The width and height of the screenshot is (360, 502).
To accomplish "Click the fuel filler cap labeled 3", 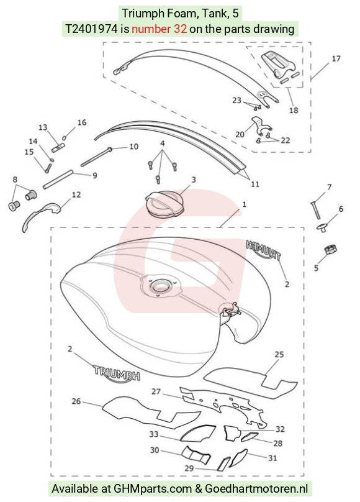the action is (164, 205).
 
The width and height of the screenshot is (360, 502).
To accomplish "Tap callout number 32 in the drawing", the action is (280, 429).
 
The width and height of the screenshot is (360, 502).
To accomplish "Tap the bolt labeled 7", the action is (315, 210).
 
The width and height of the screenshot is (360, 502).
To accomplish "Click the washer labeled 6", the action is (323, 228).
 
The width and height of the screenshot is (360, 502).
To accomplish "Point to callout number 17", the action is (336, 58).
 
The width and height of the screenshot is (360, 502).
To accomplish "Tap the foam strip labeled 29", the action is (224, 463).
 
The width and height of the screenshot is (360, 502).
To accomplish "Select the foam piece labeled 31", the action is (239, 457).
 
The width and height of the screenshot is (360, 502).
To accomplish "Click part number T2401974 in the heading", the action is (91, 29).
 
